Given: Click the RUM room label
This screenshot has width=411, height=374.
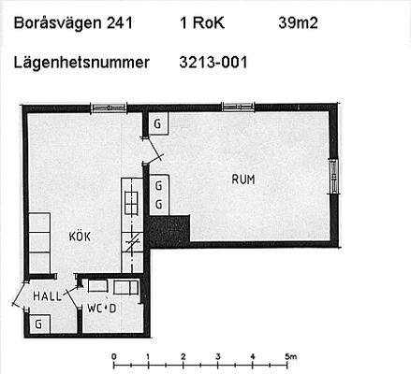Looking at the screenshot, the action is click(x=243, y=180).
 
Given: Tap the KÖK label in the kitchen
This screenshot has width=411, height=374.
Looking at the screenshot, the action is click(x=80, y=237).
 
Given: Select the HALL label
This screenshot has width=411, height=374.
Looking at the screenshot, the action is click(x=48, y=296).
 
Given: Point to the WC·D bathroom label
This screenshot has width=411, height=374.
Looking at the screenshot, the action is click(x=102, y=309).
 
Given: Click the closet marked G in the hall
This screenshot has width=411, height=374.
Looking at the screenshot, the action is click(x=39, y=324).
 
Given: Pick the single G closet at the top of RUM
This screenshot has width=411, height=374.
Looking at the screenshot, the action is click(x=158, y=123).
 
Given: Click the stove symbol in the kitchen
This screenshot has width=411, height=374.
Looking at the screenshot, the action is click(x=131, y=203).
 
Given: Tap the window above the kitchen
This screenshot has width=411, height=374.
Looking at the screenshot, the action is click(x=109, y=108).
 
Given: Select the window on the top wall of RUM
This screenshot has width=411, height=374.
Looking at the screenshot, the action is click(x=238, y=107).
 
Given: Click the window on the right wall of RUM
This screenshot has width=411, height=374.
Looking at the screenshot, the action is click(x=334, y=176).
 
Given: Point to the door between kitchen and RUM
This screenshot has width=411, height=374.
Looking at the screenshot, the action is click(x=154, y=151).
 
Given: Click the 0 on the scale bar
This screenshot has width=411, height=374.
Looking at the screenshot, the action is click(x=114, y=356).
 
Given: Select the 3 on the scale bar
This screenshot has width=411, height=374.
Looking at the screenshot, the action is click(x=218, y=356).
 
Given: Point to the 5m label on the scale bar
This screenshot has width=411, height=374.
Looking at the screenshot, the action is click(x=290, y=356).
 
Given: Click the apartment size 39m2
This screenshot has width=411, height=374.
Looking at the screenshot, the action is click(x=298, y=22).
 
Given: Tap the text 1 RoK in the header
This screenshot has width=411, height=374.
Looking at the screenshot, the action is click(x=202, y=22).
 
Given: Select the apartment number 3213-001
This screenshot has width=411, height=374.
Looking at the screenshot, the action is click(x=213, y=63).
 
